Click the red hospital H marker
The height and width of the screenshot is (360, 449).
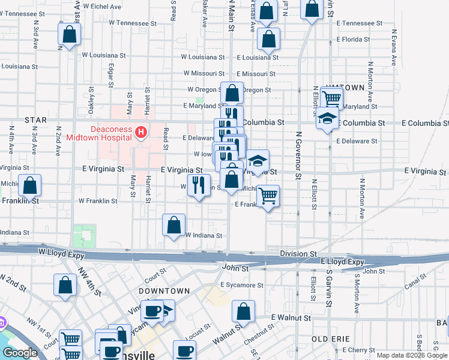141,131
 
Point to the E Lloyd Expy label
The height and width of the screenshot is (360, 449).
343,262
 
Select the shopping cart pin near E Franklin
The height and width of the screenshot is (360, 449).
268,195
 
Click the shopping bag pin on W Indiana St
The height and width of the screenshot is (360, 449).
173,226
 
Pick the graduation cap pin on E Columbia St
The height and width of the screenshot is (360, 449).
327,119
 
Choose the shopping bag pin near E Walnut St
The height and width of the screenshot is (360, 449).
243,312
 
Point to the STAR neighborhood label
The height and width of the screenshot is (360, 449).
35,120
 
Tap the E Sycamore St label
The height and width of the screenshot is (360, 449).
242,285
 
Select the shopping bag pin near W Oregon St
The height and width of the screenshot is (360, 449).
232,93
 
